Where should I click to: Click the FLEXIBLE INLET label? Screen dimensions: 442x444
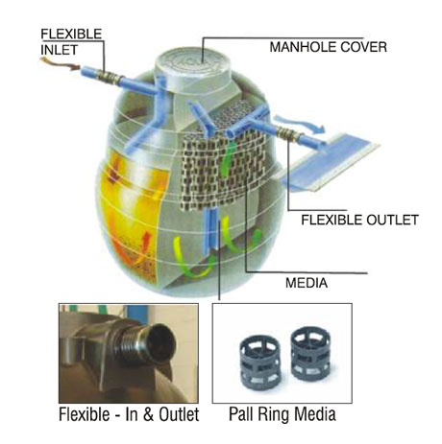tap(71, 42)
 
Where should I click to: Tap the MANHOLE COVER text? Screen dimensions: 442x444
tap(329, 47)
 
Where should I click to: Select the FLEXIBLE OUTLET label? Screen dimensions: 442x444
tap(359, 220)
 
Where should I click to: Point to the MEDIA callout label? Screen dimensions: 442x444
tap(307, 283)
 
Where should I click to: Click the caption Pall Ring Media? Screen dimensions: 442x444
tap(282, 414)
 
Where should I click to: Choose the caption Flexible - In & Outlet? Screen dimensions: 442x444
tap(129, 414)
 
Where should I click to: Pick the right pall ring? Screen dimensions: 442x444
tap(310, 353)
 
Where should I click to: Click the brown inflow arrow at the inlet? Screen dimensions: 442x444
tap(60, 63)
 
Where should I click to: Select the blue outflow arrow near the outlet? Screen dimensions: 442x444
tap(301, 125)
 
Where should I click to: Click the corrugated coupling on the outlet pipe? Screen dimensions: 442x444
tap(287, 133)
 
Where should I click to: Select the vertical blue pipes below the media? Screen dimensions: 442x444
tap(211, 229)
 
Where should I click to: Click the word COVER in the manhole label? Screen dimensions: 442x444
tap(363, 47)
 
